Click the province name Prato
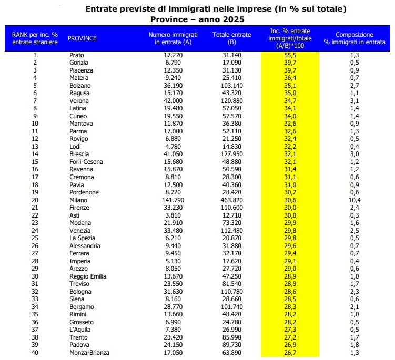(x=76, y=55)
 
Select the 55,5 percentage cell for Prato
(x=290, y=55)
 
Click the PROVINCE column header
(x=83, y=38)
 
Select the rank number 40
(x=35, y=352)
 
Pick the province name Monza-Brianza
(x=89, y=352)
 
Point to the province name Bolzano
(x=80, y=85)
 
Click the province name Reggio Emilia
(x=88, y=276)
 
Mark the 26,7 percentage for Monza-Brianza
(x=290, y=352)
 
